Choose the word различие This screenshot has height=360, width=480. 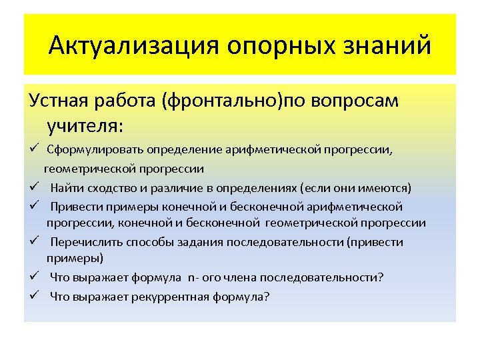point(185,187)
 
